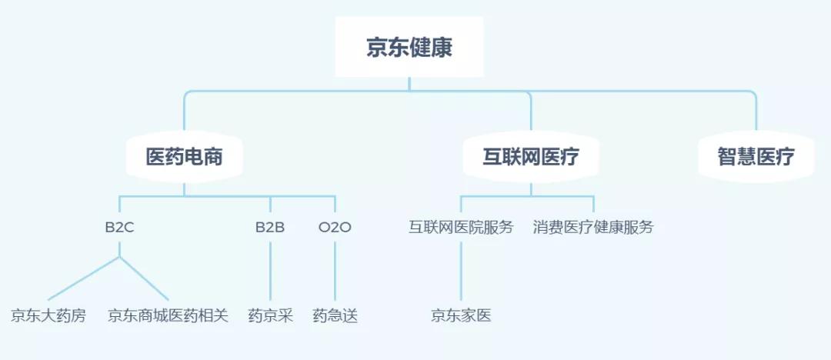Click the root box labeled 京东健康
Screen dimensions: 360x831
pos(409,48)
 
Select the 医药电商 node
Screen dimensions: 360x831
pos(184,157)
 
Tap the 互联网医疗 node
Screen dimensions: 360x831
pos(531,157)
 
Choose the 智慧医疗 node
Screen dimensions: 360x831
pos(756,157)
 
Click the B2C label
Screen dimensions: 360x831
pos(119,228)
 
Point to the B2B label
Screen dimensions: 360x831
pos(270,228)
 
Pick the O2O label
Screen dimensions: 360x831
pos(335,228)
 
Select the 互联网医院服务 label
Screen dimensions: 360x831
pos(461,228)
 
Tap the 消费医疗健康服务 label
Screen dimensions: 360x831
pos(593,228)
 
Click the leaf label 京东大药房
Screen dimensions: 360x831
pos(48,315)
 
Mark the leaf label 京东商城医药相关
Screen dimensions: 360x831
pos(168,315)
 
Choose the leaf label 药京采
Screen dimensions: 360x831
pos(270,315)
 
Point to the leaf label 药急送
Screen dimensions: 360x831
pos(335,315)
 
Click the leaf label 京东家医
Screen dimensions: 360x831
pos(461,315)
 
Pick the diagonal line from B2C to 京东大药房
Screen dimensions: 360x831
pos(83,278)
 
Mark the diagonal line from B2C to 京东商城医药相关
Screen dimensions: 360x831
pos(144,278)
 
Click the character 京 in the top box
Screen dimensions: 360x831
pos(376,48)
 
